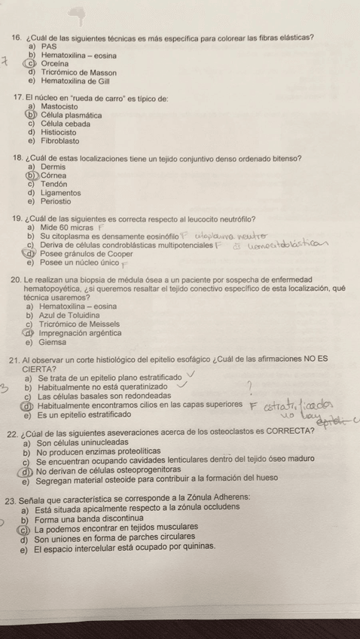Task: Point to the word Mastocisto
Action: point(62,107)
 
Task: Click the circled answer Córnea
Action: point(53,175)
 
